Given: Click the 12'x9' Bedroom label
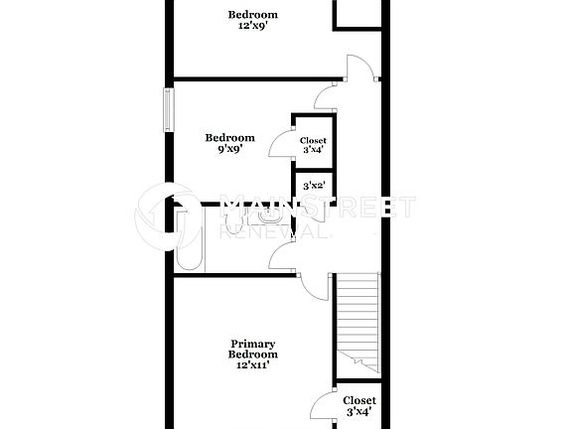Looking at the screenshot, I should click(x=252, y=20).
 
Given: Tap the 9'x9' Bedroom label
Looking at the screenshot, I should click(x=229, y=144).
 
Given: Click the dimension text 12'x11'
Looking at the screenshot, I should click(x=252, y=364).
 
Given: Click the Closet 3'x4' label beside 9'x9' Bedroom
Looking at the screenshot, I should click(x=313, y=146).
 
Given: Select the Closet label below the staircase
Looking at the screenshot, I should click(x=359, y=405).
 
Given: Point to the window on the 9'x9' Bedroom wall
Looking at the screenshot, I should click(x=168, y=108).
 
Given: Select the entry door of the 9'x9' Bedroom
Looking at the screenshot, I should click(x=325, y=96).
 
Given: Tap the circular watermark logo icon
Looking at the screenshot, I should click(x=165, y=213).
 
